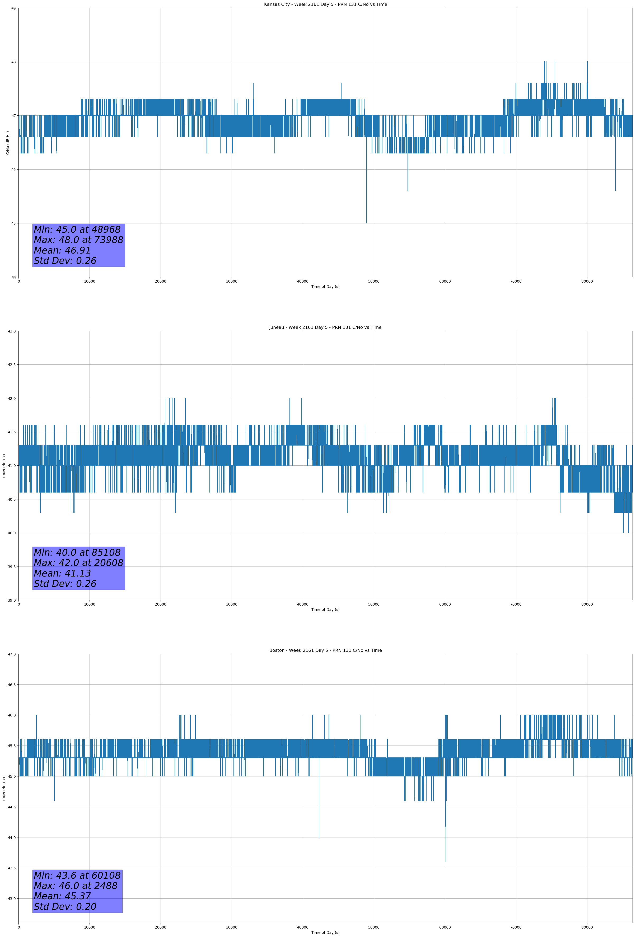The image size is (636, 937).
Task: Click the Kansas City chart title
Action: click(x=325, y=4)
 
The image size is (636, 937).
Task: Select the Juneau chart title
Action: click(x=325, y=327)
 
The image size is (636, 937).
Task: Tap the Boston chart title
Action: click(x=325, y=650)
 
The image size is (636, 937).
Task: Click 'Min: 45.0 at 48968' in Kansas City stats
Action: click(x=77, y=229)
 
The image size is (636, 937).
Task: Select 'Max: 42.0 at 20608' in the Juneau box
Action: click(x=78, y=563)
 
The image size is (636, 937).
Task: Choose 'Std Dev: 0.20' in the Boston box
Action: click(x=65, y=906)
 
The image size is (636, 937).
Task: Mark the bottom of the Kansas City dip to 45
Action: click(x=367, y=223)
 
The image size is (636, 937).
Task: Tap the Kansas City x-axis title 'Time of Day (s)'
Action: click(x=325, y=287)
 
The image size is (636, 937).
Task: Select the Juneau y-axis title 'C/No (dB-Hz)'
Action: click(x=4, y=466)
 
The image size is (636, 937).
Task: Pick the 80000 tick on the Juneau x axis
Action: click(x=587, y=604)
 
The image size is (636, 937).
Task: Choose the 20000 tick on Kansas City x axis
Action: click(x=161, y=282)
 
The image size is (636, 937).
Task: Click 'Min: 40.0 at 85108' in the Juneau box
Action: click(x=77, y=552)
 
